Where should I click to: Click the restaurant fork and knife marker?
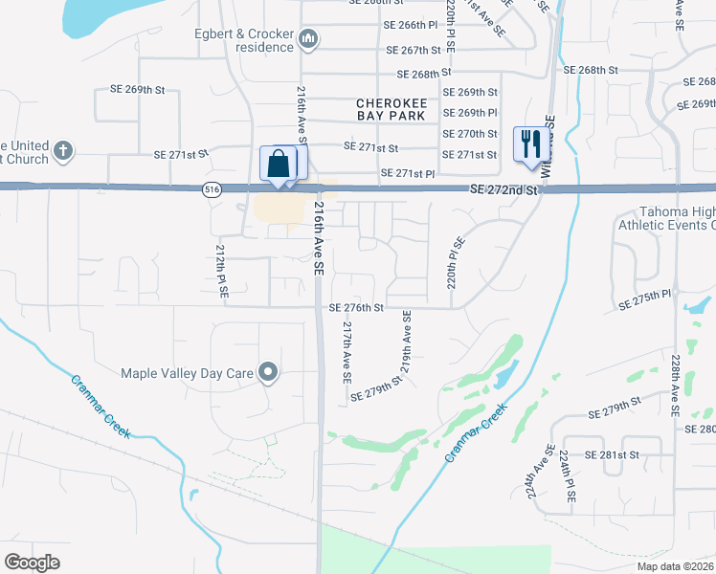click(527, 144)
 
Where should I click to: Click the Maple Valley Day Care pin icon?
click(269, 373)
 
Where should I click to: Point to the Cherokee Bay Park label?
click(391, 108)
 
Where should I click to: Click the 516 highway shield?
click(209, 191)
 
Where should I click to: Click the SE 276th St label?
click(356, 308)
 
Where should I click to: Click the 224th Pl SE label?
click(568, 475)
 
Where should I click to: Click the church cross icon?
click(62, 151)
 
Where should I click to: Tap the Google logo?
click(33, 562)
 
